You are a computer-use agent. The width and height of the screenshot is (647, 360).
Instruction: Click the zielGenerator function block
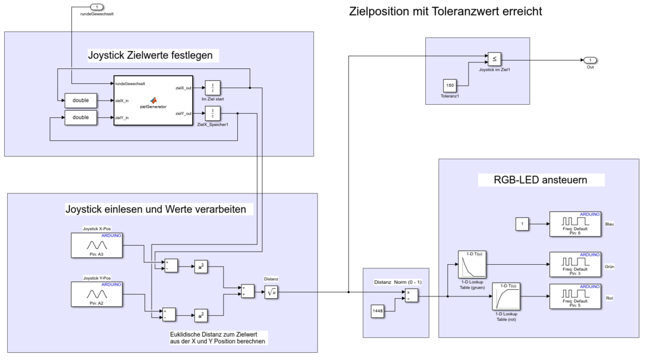[153, 100]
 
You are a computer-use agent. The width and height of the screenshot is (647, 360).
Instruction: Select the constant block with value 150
[451, 86]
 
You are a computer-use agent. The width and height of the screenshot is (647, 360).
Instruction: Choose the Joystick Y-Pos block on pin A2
[96, 294]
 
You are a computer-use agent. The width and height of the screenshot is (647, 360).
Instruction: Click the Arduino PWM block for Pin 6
[575, 224]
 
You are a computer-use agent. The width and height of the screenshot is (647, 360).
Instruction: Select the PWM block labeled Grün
[575, 264]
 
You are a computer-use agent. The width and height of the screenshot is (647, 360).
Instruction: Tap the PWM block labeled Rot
[575, 297]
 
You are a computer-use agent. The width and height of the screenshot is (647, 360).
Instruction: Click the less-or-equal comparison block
[494, 59]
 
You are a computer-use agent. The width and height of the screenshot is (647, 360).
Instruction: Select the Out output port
[590, 60]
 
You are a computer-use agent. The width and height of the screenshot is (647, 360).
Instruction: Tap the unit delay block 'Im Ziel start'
[213, 87]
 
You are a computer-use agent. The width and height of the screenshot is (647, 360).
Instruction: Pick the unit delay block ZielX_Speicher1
[213, 113]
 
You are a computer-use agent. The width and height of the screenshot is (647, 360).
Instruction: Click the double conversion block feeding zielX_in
[80, 101]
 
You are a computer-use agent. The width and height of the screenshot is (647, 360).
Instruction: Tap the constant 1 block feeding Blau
[522, 224]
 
